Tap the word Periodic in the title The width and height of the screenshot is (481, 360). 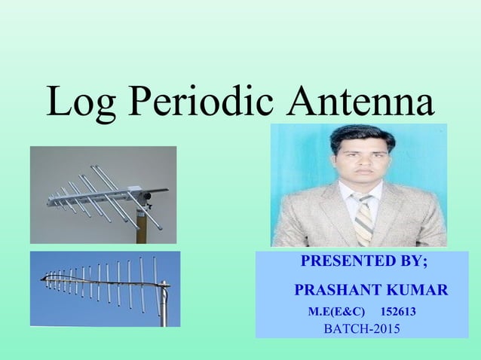click(x=201, y=104)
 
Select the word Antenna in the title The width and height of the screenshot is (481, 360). click(x=360, y=102)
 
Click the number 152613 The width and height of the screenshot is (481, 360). click(x=400, y=312)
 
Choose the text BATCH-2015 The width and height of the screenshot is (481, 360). click(x=362, y=329)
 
